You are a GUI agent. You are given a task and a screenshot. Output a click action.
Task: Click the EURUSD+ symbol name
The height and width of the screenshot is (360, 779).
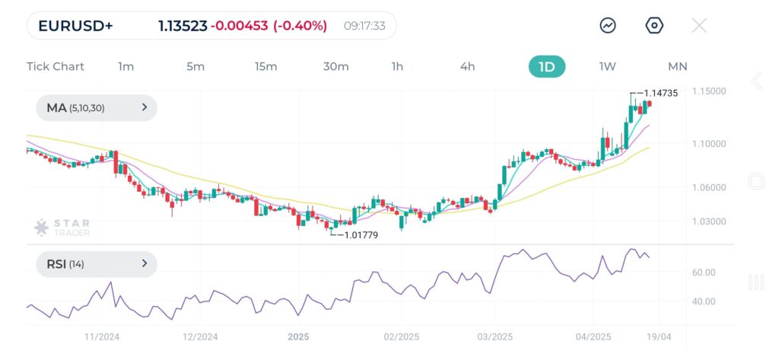(75, 26)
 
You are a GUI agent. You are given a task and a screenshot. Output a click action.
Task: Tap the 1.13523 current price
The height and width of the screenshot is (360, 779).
(183, 26)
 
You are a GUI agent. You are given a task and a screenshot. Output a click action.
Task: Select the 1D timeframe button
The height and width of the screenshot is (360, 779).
(547, 66)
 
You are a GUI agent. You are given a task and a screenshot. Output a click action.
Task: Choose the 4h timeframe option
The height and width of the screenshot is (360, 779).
(467, 66)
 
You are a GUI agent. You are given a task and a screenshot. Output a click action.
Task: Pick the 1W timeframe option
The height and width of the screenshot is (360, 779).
(607, 66)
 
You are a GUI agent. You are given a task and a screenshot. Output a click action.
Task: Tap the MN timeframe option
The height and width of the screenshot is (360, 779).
(677, 66)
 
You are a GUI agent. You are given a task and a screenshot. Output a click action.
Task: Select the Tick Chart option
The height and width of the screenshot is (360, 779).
(56, 66)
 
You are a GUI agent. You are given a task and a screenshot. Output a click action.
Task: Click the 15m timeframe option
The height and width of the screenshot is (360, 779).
(265, 66)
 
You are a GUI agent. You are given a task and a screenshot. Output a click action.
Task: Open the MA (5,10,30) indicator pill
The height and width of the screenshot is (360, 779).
(96, 108)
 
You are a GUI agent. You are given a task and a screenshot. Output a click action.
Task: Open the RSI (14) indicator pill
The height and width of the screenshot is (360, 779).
(96, 264)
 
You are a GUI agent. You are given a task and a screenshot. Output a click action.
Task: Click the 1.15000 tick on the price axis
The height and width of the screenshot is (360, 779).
(708, 91)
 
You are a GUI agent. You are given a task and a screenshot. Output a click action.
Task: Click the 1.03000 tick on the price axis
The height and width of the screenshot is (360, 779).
(708, 221)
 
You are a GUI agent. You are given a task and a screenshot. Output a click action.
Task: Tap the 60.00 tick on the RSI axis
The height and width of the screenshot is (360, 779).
(704, 272)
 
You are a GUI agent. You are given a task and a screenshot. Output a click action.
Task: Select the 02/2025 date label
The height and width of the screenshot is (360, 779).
(401, 336)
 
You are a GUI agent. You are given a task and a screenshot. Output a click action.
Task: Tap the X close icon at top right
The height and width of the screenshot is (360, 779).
(699, 26)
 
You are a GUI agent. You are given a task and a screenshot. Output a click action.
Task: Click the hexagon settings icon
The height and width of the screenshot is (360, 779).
(654, 26)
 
